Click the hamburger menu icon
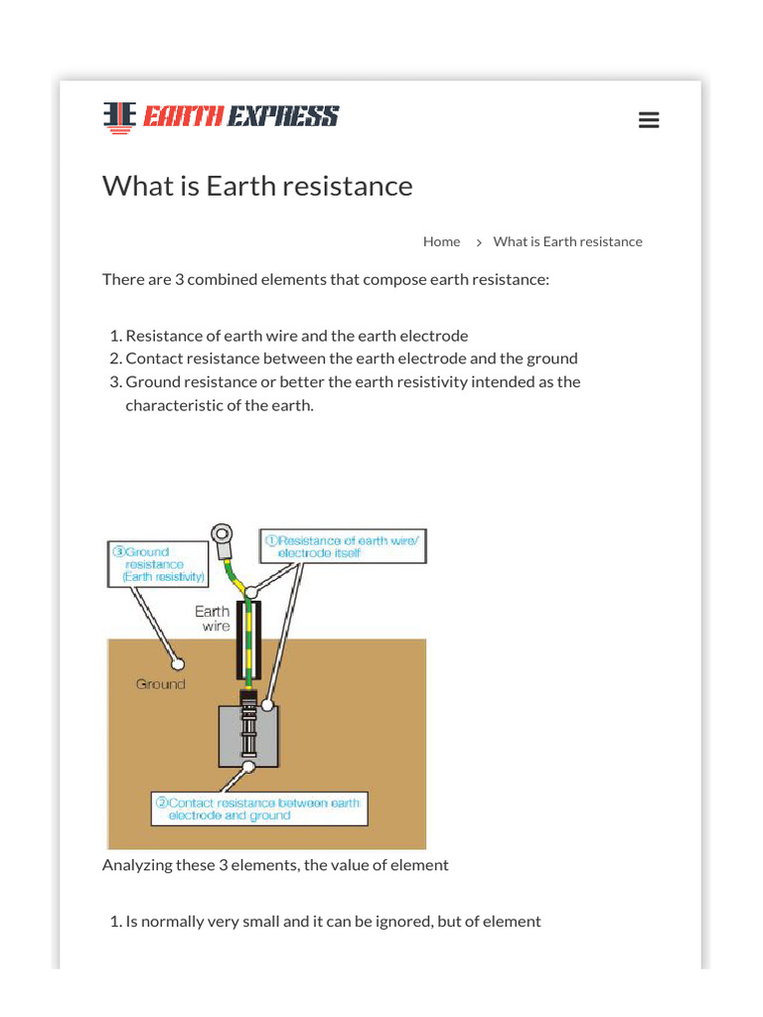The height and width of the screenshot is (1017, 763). tap(649, 120)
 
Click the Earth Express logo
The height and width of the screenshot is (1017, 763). tap(221, 116)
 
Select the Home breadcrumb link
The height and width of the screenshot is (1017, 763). tap(441, 241)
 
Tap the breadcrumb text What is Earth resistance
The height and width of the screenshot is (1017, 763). tap(567, 241)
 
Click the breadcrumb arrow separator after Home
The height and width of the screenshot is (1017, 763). tap(478, 242)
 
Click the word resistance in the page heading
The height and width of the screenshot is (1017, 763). tap(348, 186)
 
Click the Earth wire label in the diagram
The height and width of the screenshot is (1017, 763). tap(213, 619)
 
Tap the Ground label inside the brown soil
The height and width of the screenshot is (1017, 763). tap(160, 684)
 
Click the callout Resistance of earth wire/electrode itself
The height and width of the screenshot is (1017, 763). tap(343, 546)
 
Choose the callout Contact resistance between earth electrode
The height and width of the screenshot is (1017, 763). tap(259, 808)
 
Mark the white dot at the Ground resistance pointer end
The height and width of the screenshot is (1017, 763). tap(178, 661)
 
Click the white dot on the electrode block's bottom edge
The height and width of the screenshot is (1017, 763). tap(245, 767)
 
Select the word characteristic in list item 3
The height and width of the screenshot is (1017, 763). tap(173, 405)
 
